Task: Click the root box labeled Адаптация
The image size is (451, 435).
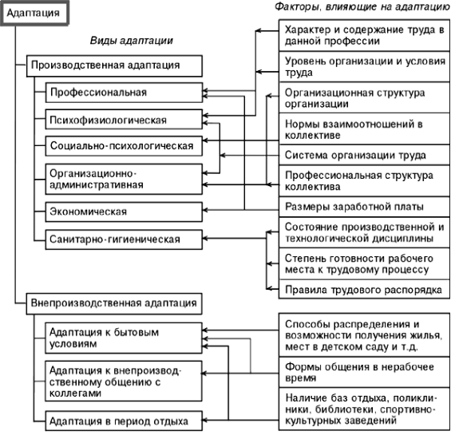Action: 34,14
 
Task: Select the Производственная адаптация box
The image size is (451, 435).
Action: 114,66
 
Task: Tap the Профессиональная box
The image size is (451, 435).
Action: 124,93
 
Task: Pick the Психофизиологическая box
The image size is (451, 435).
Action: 124,120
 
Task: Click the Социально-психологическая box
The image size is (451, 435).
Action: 124,146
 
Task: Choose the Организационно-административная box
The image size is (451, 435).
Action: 124,180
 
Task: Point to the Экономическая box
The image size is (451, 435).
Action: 124,212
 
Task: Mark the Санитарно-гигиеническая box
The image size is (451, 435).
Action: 124,239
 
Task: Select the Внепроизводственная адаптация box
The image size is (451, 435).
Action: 114,304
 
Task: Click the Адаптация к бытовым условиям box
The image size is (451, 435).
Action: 124,338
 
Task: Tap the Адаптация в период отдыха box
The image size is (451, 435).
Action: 124,421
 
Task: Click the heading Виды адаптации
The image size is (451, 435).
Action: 132,41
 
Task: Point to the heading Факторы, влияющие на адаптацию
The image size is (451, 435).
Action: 362,6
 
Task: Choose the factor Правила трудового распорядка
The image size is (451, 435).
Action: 364,290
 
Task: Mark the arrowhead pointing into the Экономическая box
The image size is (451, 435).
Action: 205,210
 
